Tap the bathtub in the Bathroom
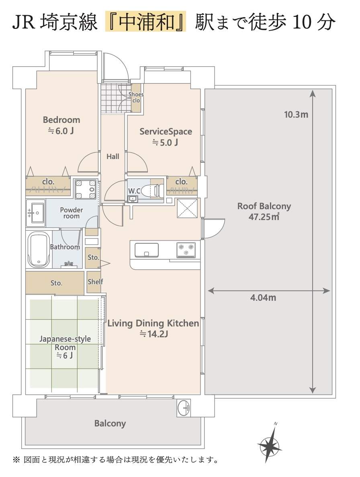38,249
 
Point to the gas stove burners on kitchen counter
186,250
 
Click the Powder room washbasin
36,213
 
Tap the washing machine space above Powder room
85,189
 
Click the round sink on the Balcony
184,408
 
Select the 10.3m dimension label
296,115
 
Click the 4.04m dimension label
263,298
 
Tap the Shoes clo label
136,97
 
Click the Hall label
113,157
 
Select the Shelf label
95,282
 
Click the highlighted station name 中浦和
146,22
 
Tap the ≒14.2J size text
153,334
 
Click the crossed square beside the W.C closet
188,208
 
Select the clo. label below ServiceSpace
182,181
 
